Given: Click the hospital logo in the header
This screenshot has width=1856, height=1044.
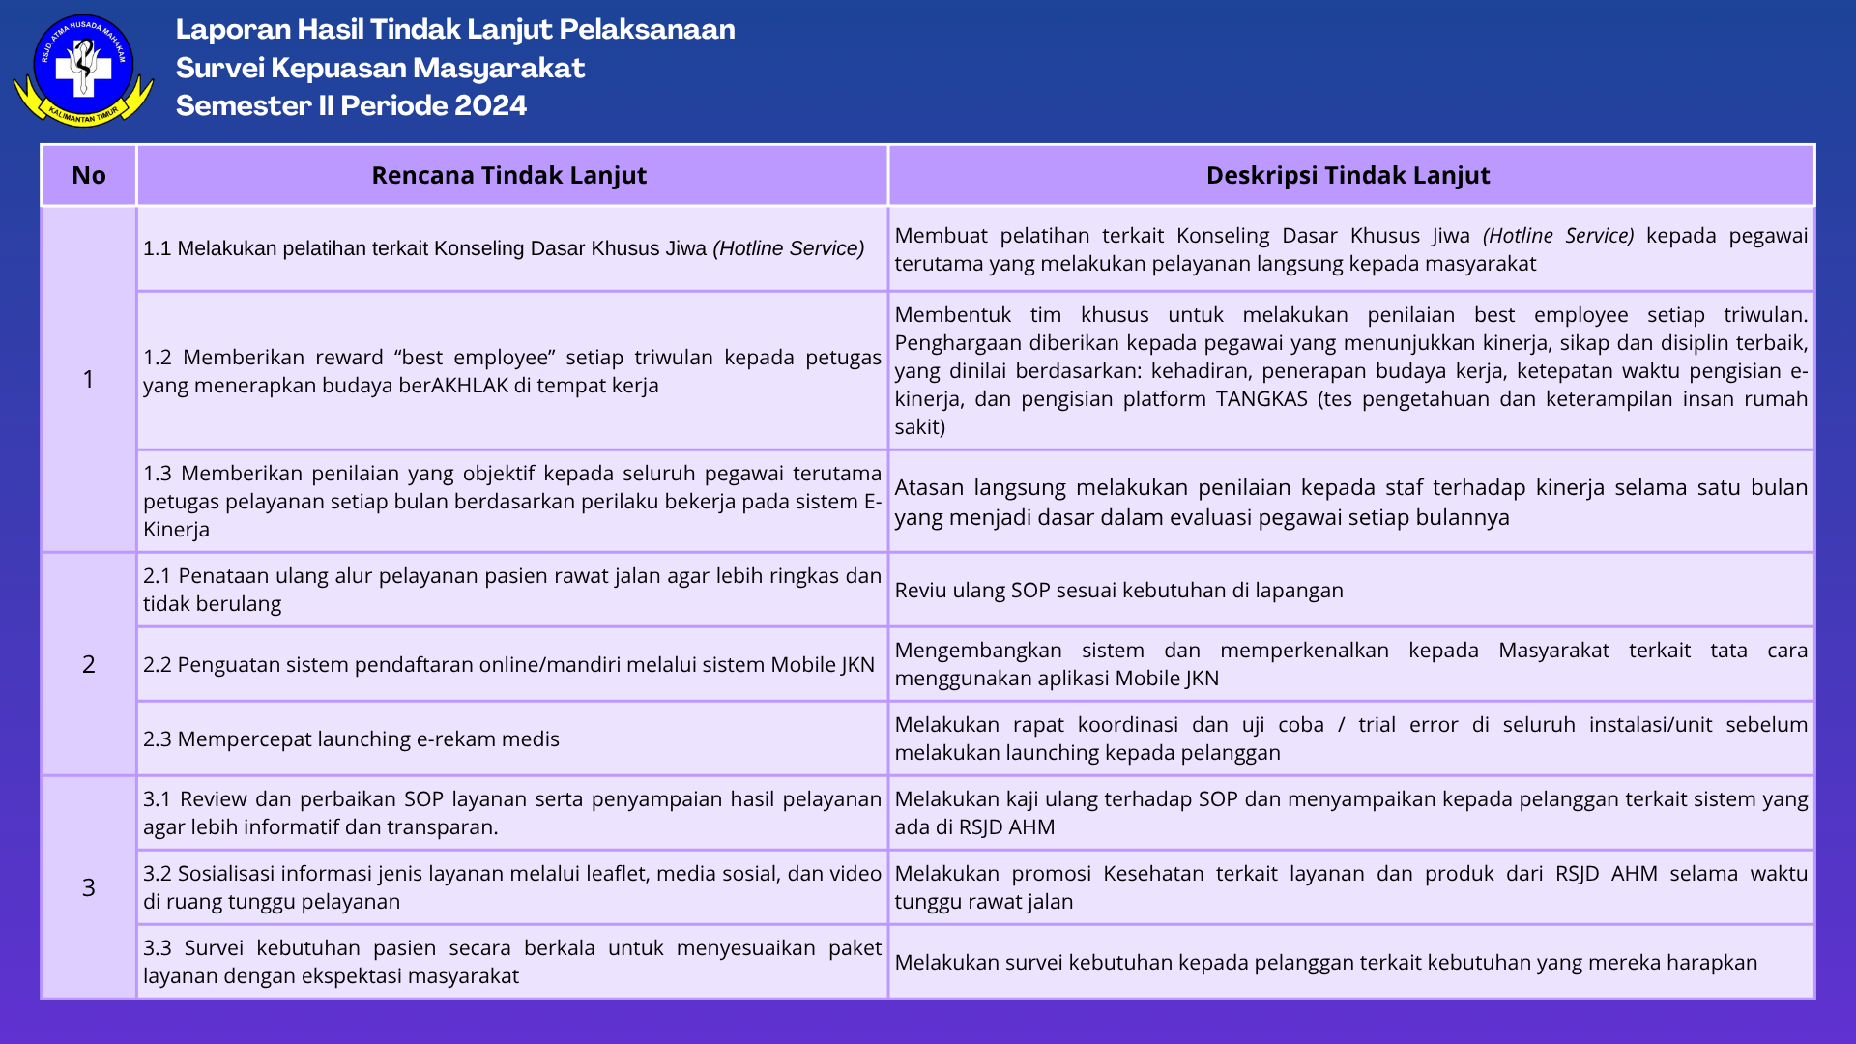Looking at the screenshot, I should pyautogui.click(x=83, y=70).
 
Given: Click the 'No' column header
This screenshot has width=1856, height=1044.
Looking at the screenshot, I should pyautogui.click(x=88, y=175).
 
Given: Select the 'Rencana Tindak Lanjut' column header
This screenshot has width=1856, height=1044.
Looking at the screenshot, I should pyautogui.click(x=509, y=175).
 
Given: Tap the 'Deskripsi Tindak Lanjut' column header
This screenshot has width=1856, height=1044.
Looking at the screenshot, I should pyautogui.click(x=1348, y=175).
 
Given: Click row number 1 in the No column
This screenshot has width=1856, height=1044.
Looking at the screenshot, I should pyautogui.click(x=88, y=379).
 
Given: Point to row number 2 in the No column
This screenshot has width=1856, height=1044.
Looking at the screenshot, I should pyautogui.click(x=88, y=664).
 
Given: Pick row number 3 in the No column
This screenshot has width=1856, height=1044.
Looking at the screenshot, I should pyautogui.click(x=88, y=887).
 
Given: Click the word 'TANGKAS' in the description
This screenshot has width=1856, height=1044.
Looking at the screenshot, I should pyautogui.click(x=1261, y=399).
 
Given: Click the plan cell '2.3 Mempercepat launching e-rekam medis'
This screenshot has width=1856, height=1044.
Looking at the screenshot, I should pyautogui.click(x=352, y=739).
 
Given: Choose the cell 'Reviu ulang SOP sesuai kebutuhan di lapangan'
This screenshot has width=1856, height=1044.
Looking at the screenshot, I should pyautogui.click(x=1118, y=591).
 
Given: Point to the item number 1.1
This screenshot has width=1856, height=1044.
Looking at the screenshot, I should pyautogui.click(x=157, y=248).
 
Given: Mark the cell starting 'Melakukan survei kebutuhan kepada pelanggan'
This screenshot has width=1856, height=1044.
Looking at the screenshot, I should pyautogui.click(x=1325, y=963).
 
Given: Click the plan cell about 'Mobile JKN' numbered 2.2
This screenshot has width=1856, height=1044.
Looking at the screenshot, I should pyautogui.click(x=508, y=665).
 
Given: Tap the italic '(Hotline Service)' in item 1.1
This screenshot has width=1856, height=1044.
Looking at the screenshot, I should pyautogui.click(x=788, y=248).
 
